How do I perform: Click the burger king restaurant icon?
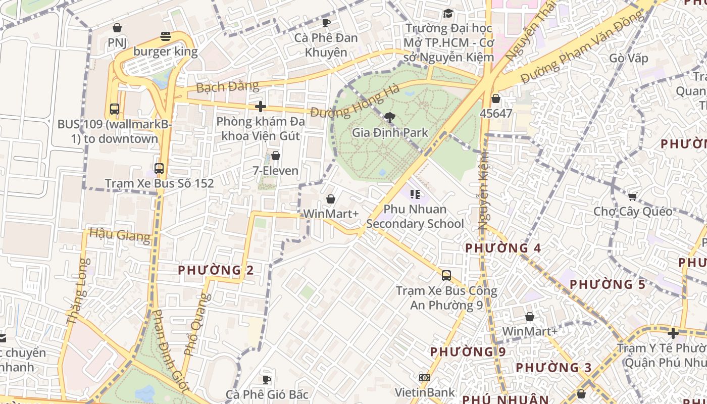(x=166, y=36)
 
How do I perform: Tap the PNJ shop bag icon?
(x=117, y=28)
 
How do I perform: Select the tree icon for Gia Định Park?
(x=389, y=118)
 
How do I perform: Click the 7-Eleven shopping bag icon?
(x=276, y=156)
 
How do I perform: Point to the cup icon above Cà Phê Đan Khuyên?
(x=326, y=23)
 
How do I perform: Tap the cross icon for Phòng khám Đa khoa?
(x=261, y=107)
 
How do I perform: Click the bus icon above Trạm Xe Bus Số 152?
(x=159, y=169)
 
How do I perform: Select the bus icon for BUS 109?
(x=115, y=109)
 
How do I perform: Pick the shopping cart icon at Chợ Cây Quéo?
(x=633, y=196)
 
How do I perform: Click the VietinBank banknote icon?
(x=425, y=378)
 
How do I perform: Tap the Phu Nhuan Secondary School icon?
(x=415, y=194)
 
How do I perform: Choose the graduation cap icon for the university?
(x=448, y=13)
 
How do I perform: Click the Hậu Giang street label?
(x=120, y=235)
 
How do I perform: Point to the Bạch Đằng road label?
(x=227, y=86)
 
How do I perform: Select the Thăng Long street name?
(x=77, y=291)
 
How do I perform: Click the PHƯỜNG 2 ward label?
(x=216, y=270)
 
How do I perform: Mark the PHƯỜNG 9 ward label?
(x=468, y=351)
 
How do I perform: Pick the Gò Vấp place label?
(x=628, y=58)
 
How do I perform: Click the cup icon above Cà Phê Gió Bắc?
(x=267, y=380)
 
